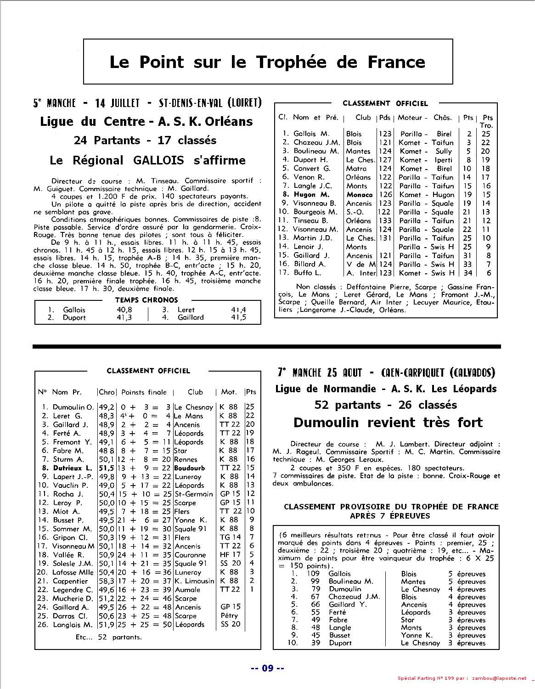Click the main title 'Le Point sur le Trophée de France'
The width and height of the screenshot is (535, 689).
[x=267, y=62]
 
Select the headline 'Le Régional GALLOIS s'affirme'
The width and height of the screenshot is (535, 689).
[x=147, y=160]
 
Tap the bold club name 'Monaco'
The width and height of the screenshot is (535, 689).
[x=359, y=194]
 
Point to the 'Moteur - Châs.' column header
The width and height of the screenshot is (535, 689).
[x=425, y=118]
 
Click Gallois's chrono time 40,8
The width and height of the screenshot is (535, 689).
[x=124, y=310]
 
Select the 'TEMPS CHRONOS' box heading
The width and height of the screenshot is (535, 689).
[x=146, y=300]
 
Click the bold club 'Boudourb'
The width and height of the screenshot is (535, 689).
[x=189, y=468]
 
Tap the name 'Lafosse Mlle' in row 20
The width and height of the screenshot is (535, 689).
[x=73, y=572]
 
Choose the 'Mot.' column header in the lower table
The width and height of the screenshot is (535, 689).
[x=229, y=392]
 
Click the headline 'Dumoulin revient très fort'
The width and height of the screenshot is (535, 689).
[x=388, y=422]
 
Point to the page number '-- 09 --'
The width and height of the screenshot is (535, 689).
[x=268, y=668]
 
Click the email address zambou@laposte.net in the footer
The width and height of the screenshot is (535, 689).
[x=498, y=678]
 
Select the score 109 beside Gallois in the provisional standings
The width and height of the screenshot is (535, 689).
[x=313, y=574]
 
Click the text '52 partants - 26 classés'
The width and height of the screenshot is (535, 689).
[x=386, y=405]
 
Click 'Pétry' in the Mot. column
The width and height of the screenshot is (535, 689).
[x=229, y=616]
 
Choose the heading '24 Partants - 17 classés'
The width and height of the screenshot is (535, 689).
[x=145, y=140]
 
